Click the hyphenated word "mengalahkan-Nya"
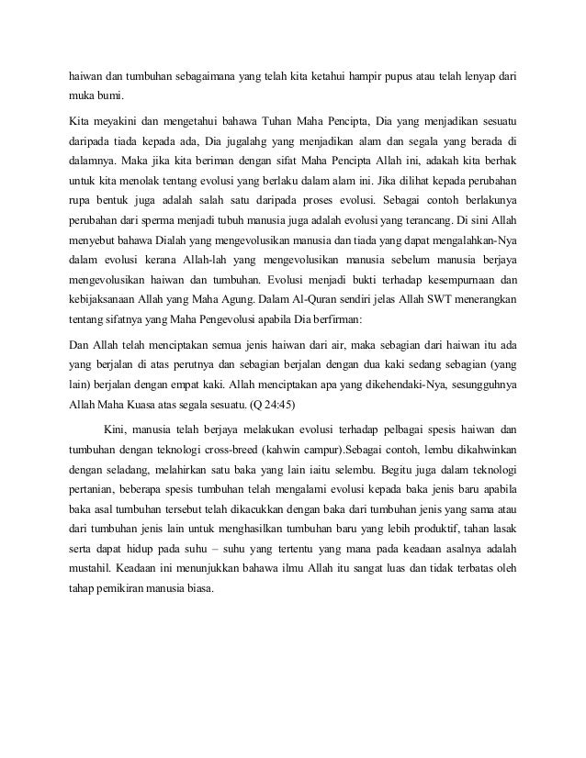468,242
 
